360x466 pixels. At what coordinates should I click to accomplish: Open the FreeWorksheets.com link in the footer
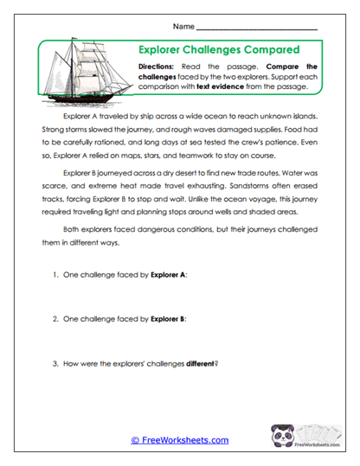pyautogui.click(x=180, y=440)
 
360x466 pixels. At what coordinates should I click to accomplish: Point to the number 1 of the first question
pyautogui.click(x=55, y=274)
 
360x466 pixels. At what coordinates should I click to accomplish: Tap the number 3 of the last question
pyautogui.click(x=55, y=362)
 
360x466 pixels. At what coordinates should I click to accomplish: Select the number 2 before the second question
pyautogui.click(x=55, y=318)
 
